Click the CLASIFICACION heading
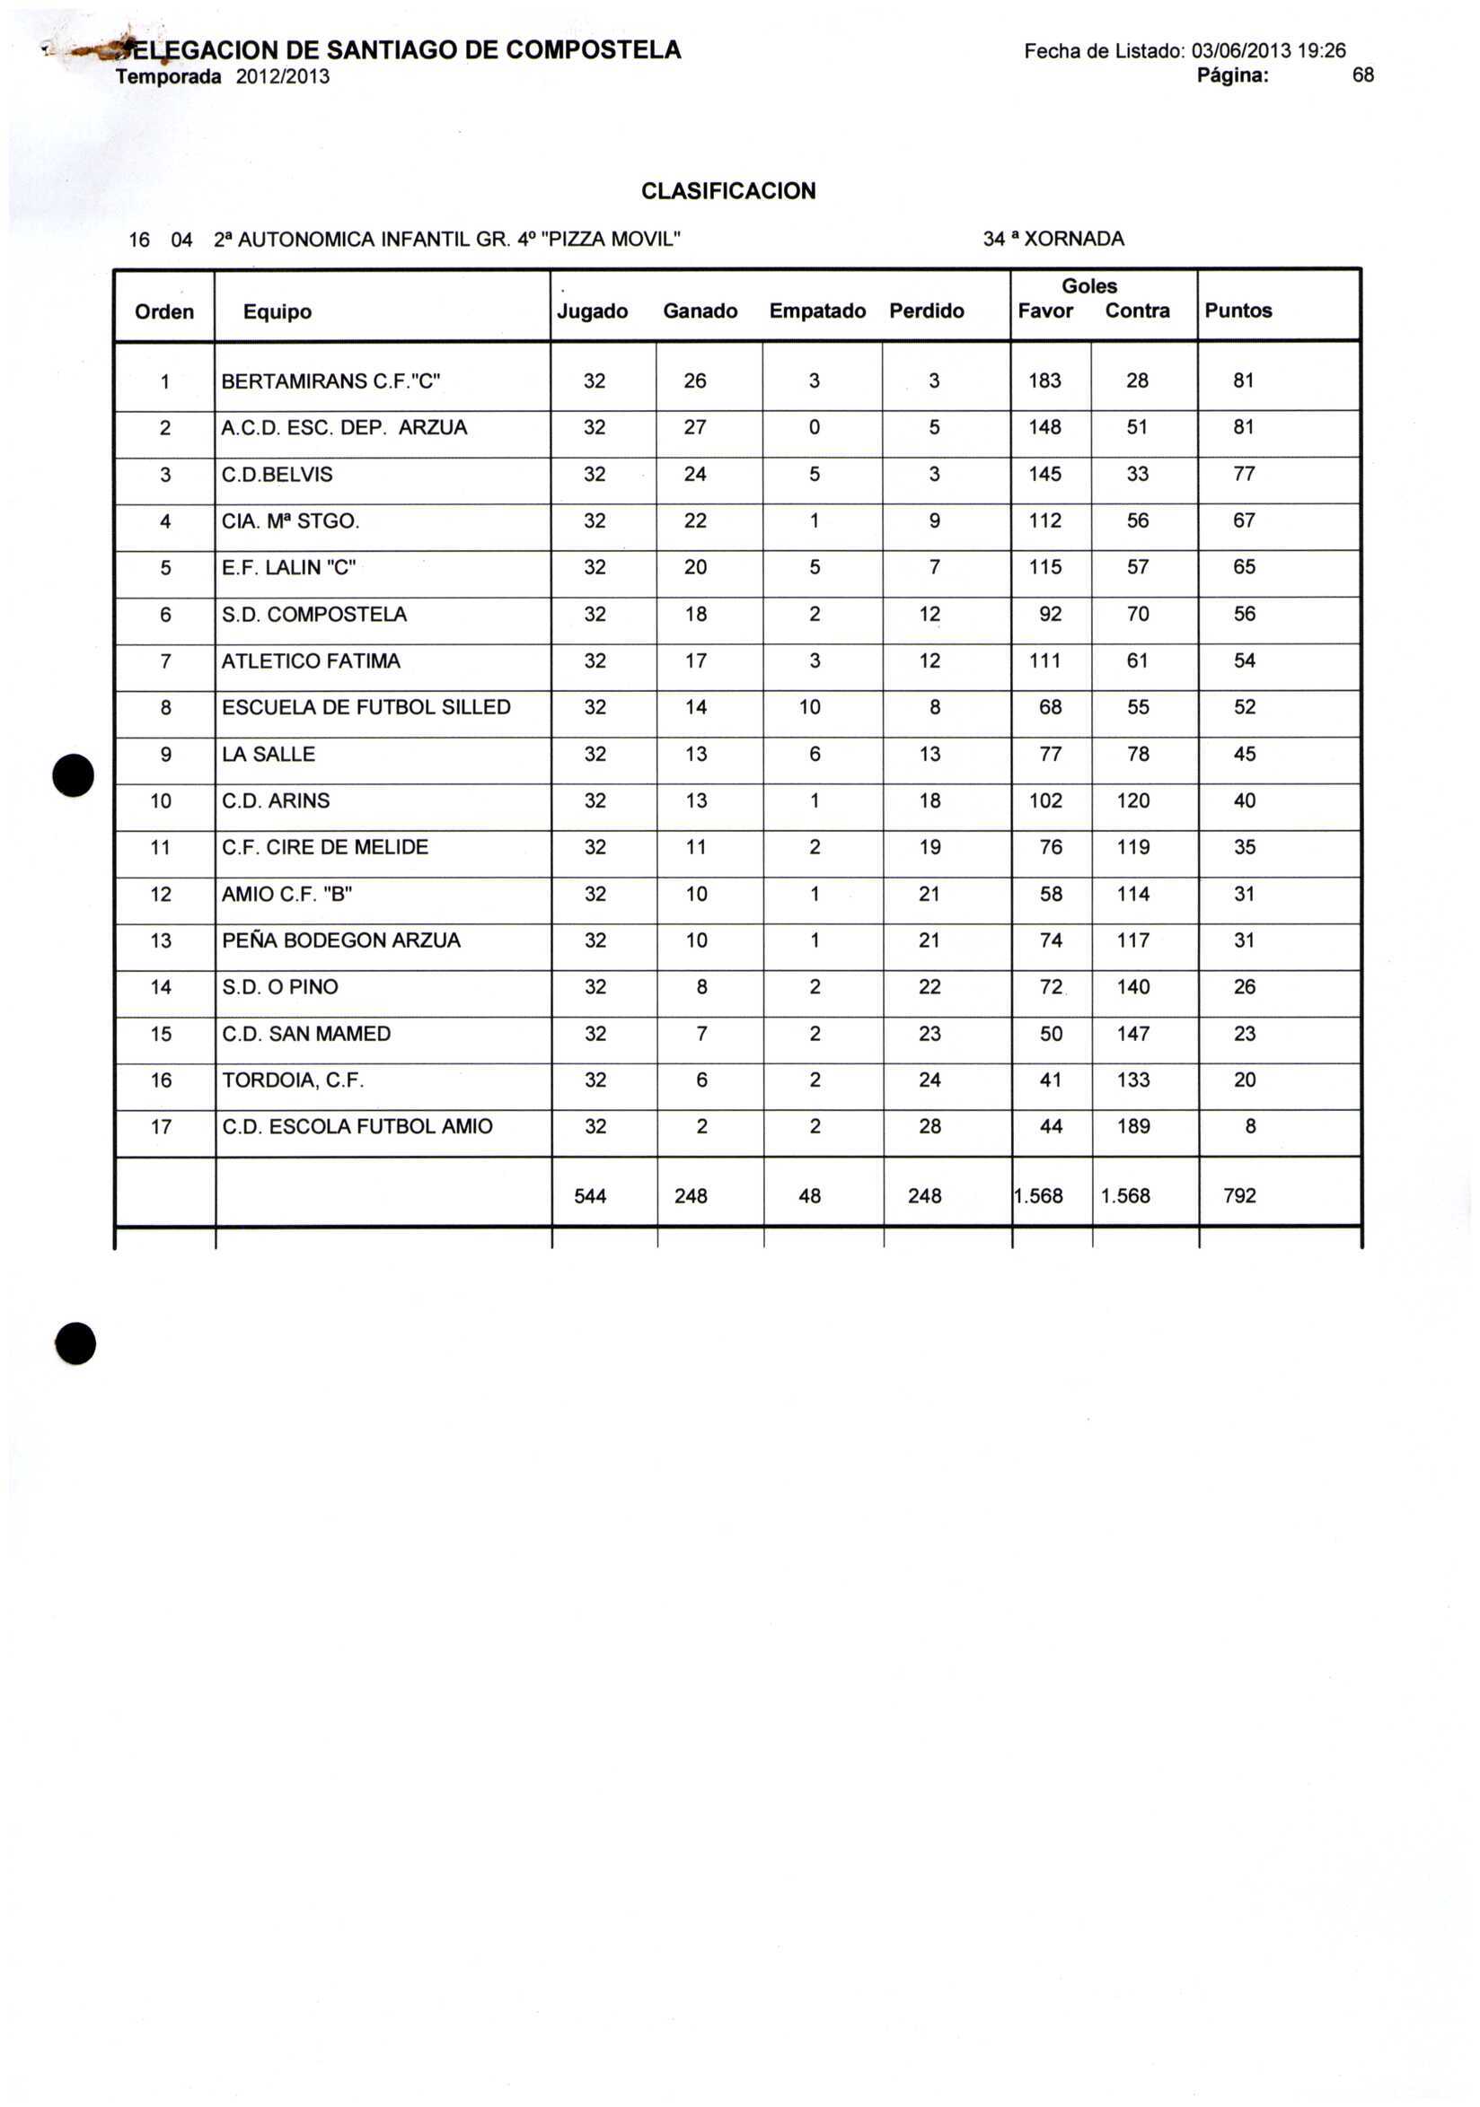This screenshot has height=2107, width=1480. tap(728, 191)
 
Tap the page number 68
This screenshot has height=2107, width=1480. tap(1362, 75)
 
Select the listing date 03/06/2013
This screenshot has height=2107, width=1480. tap(1241, 50)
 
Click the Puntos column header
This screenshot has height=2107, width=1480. tap(1238, 311)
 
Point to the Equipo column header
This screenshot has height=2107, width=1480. tap(277, 312)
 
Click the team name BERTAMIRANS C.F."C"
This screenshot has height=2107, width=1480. tap(331, 381)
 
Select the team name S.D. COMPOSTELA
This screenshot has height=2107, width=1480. tap(314, 615)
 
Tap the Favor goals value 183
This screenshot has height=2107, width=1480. tap(1044, 380)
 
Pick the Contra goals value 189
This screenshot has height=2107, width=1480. tap(1133, 1127)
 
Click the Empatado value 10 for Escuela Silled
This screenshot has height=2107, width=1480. tap(809, 707)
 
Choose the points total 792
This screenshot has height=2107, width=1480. tap(1239, 1196)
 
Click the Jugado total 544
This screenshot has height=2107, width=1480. tap(590, 1197)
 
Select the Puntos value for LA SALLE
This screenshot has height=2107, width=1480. tap(1244, 755)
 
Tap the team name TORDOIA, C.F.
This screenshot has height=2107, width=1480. tap(293, 1081)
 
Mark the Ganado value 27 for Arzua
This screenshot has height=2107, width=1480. tap(695, 428)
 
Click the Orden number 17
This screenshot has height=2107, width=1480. tap(161, 1127)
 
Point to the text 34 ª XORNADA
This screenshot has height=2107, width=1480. tap(1053, 240)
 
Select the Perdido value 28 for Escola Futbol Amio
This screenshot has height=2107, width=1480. tap(929, 1127)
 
